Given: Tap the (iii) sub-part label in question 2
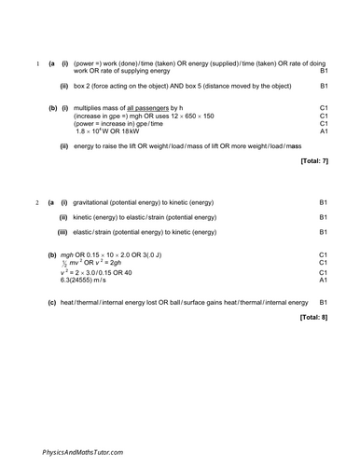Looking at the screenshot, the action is (x=62, y=231).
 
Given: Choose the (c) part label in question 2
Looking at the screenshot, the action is (x=51, y=302).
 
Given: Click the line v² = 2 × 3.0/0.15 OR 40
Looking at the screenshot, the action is (x=96, y=271).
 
